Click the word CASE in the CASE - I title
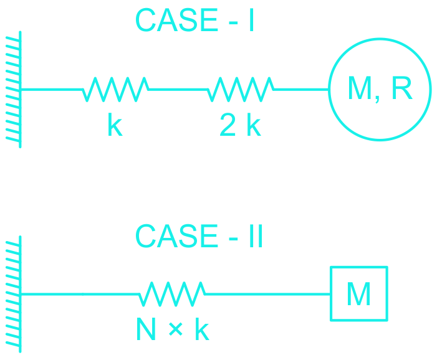click(x=176, y=20)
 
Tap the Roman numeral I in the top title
click(x=251, y=20)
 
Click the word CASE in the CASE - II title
click(x=176, y=235)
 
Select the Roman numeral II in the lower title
click(x=256, y=236)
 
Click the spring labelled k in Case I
click(x=116, y=89)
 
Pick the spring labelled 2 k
click(x=241, y=89)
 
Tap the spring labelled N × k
click(x=172, y=294)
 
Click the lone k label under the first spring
click(x=115, y=124)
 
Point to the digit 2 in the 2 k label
click(x=228, y=125)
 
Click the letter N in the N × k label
click(x=146, y=329)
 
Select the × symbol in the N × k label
click(x=176, y=329)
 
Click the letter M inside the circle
click(x=360, y=87)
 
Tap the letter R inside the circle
click(x=402, y=87)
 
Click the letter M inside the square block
click(x=358, y=294)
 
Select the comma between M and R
click(x=377, y=99)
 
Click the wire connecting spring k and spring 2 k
click(x=178, y=89)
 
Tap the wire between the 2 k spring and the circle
click(x=301, y=89)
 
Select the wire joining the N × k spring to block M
click(x=267, y=294)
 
